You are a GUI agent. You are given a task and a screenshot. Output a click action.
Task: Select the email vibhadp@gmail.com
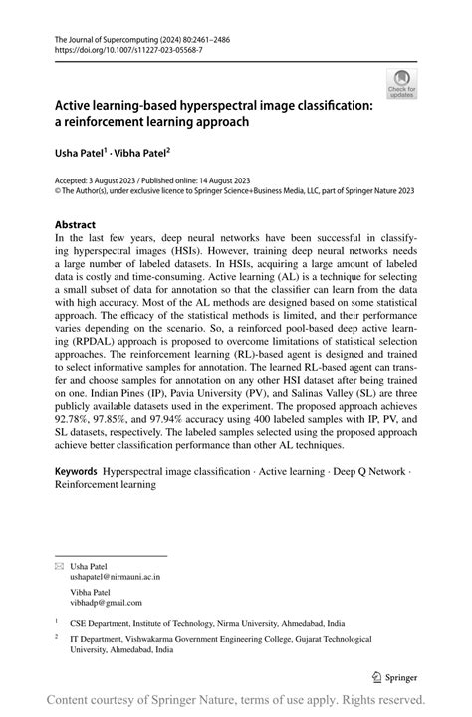[107, 602]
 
